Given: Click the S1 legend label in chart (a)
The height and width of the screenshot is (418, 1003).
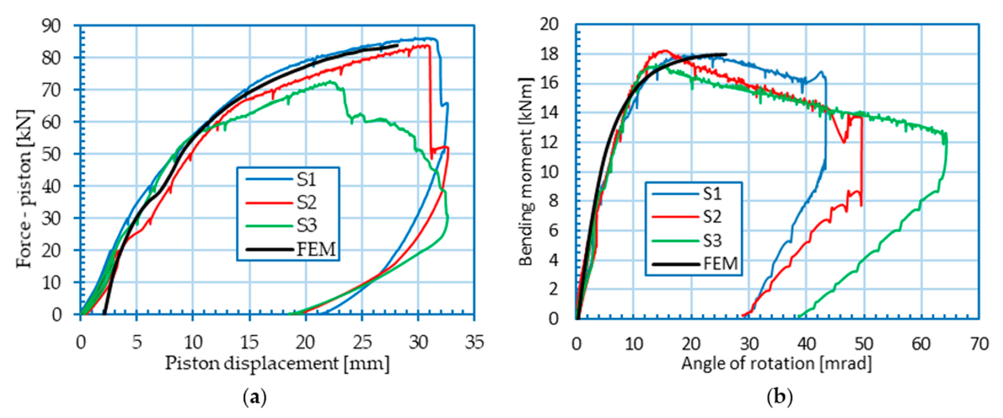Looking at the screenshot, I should pyautogui.click(x=307, y=180).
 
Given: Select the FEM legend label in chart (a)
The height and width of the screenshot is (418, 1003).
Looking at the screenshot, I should pyautogui.click(x=316, y=249).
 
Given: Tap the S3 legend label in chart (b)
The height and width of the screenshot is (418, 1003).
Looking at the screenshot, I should pyautogui.click(x=712, y=241).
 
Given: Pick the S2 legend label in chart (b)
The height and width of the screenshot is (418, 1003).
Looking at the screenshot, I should pyautogui.click(x=712, y=217).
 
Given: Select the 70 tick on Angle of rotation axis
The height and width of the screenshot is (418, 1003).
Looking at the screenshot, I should pyautogui.click(x=978, y=344).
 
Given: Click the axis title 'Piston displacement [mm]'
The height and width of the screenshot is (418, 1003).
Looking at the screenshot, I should pyautogui.click(x=277, y=364).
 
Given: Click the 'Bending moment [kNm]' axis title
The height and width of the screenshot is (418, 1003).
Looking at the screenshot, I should pyautogui.click(x=526, y=171).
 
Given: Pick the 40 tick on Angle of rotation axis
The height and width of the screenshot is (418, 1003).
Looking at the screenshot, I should pyautogui.click(x=806, y=344).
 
